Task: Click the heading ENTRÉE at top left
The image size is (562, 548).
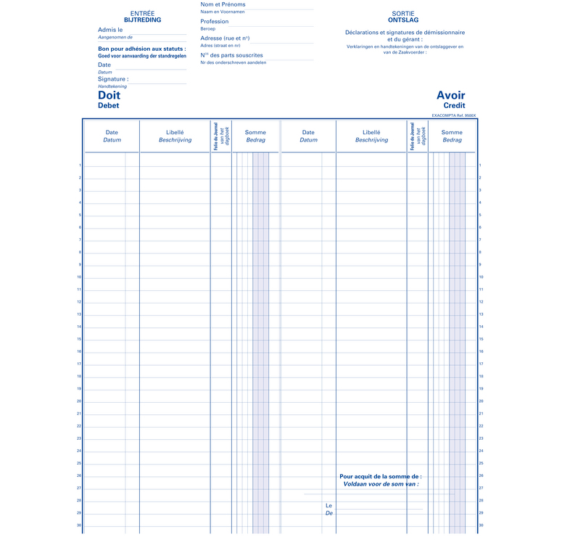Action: pyautogui.click(x=142, y=13)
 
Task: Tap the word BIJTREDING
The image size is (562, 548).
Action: pyautogui.click(x=142, y=20)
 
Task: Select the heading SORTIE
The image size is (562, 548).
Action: pyautogui.click(x=403, y=13)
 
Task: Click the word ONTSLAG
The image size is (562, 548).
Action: pyautogui.click(x=403, y=20)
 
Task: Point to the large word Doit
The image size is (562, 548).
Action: pyautogui.click(x=109, y=95)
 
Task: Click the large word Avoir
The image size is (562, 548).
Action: pyautogui.click(x=450, y=95)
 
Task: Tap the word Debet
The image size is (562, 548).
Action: pyautogui.click(x=108, y=106)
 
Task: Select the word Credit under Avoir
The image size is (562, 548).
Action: pyautogui.click(x=454, y=106)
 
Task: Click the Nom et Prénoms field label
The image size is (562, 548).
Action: pyautogui.click(x=222, y=5)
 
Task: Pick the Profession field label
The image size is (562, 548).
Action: pyautogui.click(x=215, y=22)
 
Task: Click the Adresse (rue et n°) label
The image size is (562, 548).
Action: pyautogui.click(x=225, y=38)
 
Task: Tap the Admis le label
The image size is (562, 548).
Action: pyautogui.click(x=110, y=30)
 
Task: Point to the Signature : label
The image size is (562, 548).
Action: pyautogui.click(x=113, y=79)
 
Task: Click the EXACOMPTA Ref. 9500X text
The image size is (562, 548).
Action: pyautogui.click(x=453, y=115)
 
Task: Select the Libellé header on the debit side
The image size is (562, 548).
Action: pyautogui.click(x=175, y=133)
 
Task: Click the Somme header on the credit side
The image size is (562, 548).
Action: pyautogui.click(x=452, y=133)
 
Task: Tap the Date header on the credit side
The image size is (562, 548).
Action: pyautogui.click(x=308, y=133)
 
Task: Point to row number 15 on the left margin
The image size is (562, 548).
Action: pyautogui.click(x=80, y=339)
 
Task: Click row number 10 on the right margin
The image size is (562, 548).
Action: pyautogui.click(x=481, y=277)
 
